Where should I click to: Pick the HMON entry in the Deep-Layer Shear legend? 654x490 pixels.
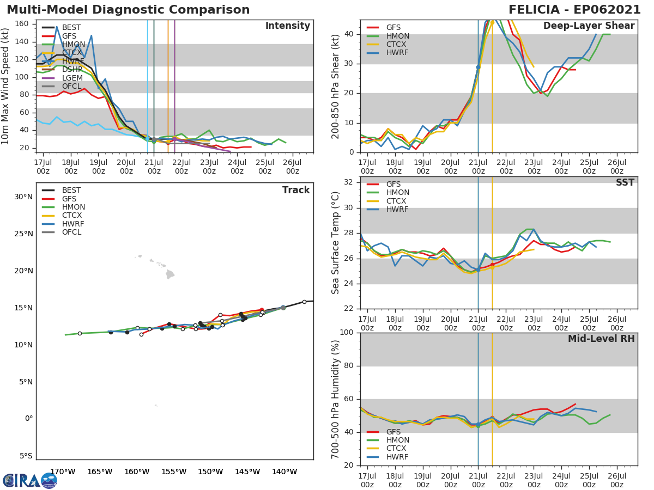click(x=397, y=36)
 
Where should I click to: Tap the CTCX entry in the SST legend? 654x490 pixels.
click(x=397, y=201)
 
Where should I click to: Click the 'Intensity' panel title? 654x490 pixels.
click(x=287, y=26)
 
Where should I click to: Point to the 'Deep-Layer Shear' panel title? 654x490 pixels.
click(x=589, y=26)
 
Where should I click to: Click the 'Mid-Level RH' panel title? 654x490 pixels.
click(x=601, y=339)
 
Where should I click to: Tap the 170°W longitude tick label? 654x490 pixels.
click(x=63, y=471)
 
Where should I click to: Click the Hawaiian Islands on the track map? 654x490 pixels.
click(x=163, y=269)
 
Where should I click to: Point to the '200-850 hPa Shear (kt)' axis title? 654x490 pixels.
click(x=336, y=86)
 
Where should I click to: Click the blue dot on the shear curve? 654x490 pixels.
click(x=478, y=67)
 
